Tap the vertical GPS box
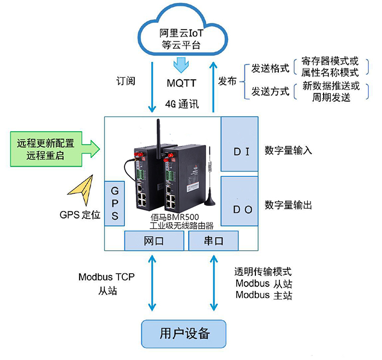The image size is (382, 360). tap(115, 203)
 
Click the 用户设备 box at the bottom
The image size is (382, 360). tap(184, 333)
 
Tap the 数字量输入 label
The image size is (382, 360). tap(288, 150)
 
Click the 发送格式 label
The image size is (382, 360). tap(270, 69)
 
